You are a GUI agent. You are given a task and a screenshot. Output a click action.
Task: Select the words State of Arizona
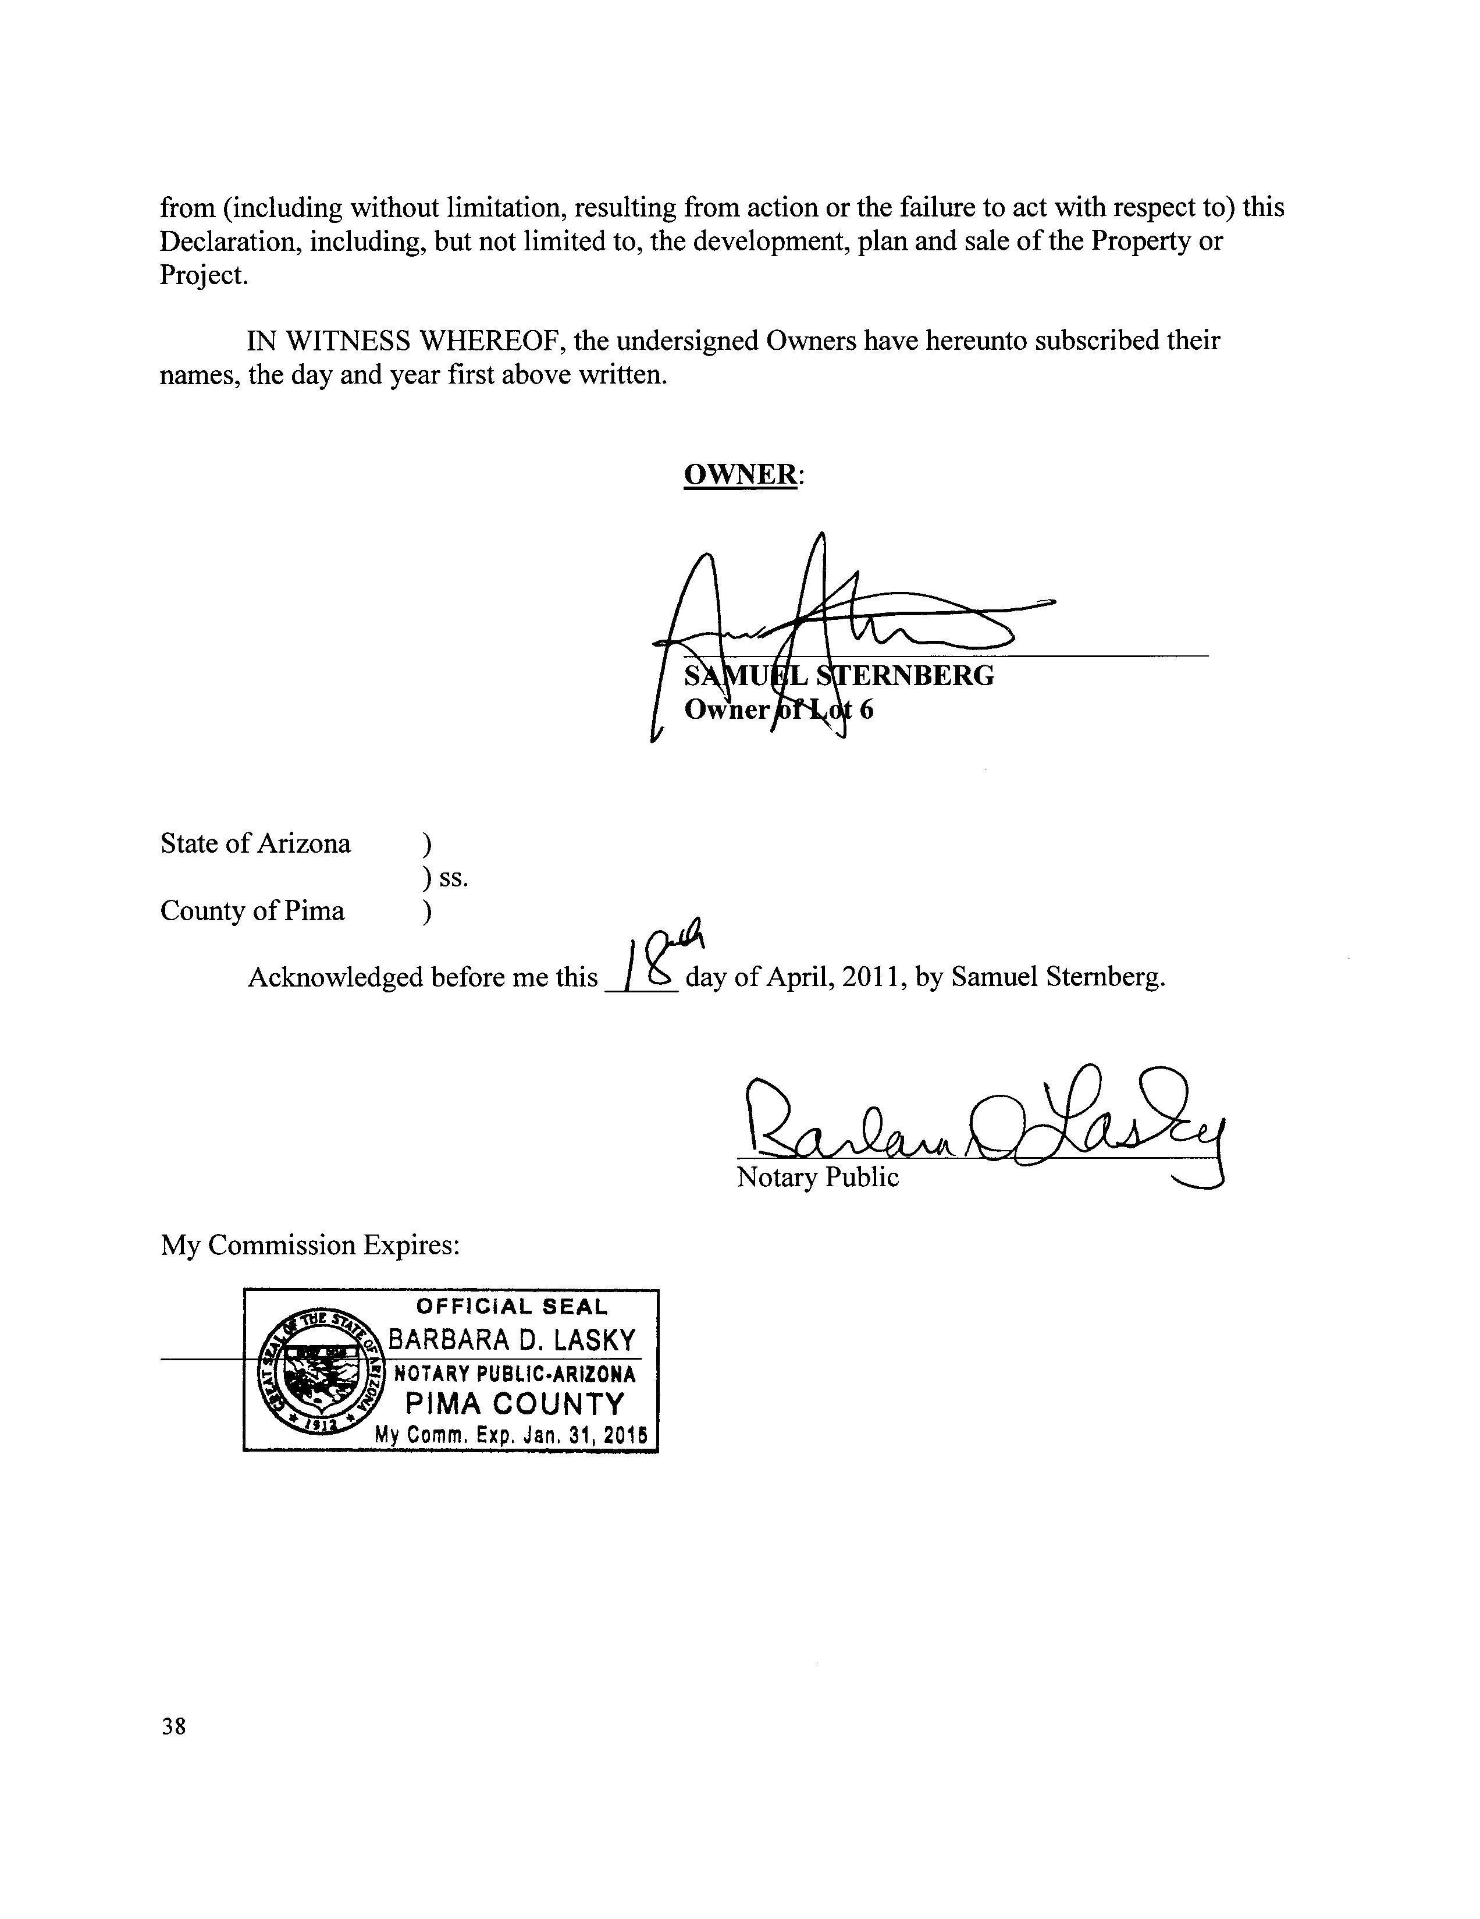coord(255,843)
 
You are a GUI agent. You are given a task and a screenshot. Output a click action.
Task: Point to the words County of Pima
coord(252,910)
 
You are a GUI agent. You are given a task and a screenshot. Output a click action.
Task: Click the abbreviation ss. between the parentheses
coord(454,877)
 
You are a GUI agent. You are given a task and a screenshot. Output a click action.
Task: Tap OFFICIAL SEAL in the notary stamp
coord(511,1307)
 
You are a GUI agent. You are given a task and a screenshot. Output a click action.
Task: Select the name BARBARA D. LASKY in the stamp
coord(511,1339)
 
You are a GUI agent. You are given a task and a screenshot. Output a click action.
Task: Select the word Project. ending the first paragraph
coord(204,275)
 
